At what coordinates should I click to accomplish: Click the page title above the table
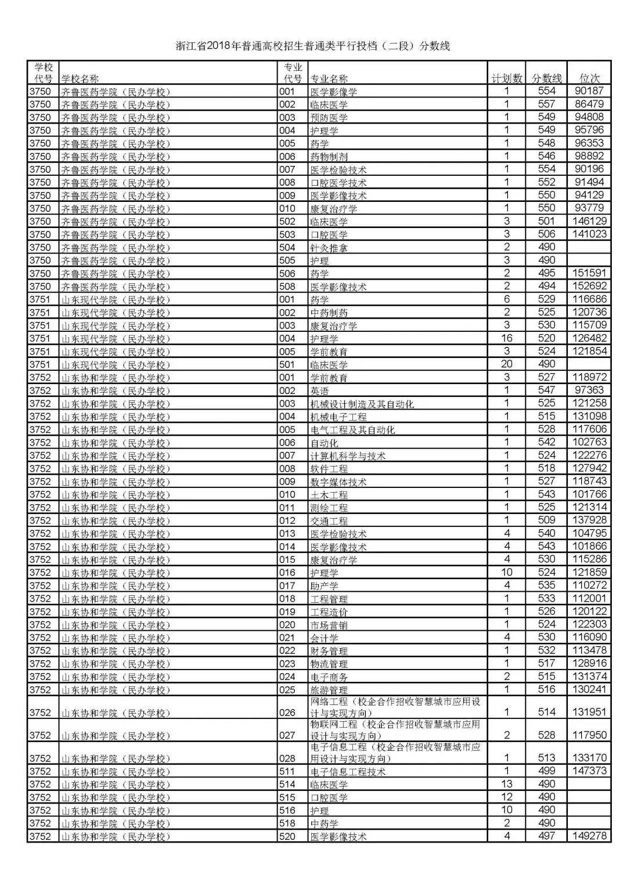(x=313, y=46)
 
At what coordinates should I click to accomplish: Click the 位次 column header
(x=589, y=78)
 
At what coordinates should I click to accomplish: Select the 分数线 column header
(x=546, y=78)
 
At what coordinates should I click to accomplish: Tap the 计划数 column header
(x=506, y=78)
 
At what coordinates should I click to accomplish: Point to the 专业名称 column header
(x=329, y=79)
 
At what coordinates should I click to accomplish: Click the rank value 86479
(x=589, y=104)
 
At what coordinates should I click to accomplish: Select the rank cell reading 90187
(x=589, y=91)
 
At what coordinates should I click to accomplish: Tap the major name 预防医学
(x=329, y=118)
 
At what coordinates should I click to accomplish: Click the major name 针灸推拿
(x=329, y=248)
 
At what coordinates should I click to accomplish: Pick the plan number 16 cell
(x=506, y=338)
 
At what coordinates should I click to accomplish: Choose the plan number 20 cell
(x=506, y=364)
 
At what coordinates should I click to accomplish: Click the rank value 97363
(x=589, y=390)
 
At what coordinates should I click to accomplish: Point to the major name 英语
(x=319, y=391)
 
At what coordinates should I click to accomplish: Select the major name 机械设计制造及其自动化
(x=362, y=404)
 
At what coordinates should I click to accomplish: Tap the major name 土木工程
(x=329, y=495)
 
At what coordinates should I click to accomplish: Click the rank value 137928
(x=589, y=520)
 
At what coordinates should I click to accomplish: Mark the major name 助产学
(x=324, y=586)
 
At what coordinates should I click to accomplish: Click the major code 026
(x=287, y=713)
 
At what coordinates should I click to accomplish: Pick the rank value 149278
(x=589, y=836)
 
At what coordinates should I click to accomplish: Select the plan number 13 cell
(x=506, y=784)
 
